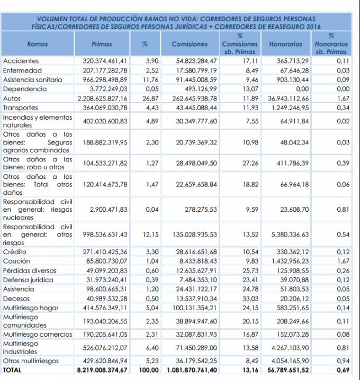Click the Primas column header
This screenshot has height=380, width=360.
(102, 44)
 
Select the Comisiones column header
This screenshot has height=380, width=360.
(190, 44)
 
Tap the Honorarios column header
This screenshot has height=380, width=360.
(285, 44)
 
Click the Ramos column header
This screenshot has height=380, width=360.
(38, 44)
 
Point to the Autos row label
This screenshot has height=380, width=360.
(12, 98)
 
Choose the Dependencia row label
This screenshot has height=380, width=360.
(25, 89)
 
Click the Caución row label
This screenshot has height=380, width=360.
(16, 261)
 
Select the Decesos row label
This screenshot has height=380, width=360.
(16, 298)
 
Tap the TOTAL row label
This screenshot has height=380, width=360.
(12, 370)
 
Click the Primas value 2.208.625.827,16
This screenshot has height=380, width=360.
(102, 98)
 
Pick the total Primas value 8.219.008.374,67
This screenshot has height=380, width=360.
(102, 370)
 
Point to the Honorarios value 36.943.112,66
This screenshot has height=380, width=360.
(288, 98)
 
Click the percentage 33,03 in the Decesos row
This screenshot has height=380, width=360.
(250, 298)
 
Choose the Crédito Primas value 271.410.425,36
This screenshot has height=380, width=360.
(105, 252)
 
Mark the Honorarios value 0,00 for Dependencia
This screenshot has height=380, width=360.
(302, 89)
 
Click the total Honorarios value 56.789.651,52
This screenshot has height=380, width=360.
(288, 370)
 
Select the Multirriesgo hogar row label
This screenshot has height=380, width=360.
(31, 308)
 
